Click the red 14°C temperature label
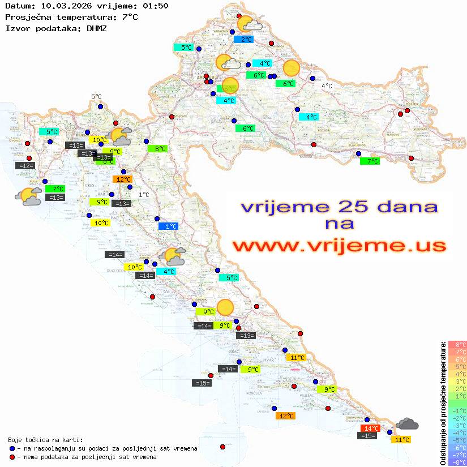coord(370,429)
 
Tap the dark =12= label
coord(25,165)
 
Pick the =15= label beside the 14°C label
coord(368,436)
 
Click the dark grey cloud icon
coord(407,423)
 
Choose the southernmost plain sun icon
coord(225,307)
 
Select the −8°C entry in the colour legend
coord(457,462)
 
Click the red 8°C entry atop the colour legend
coord(457,344)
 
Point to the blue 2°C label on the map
coord(243,40)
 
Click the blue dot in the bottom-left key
coord(12,448)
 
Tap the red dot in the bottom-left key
coord(12,457)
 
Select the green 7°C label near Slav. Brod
coord(370,161)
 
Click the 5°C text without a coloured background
coord(96,97)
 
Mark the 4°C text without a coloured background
coord(327,86)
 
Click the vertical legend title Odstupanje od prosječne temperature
coord(442,402)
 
